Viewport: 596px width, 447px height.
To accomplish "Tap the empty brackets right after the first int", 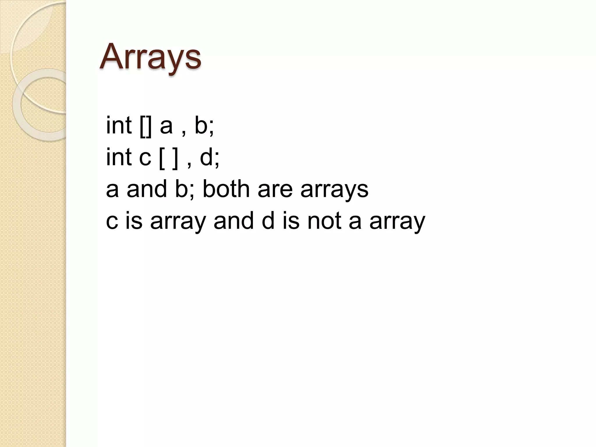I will pos(146,126).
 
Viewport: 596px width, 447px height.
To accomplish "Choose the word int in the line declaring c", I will pos(119,157).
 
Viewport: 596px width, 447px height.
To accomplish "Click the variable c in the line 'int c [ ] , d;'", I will pos(145,158).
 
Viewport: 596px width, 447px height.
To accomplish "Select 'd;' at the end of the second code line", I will pos(210,157).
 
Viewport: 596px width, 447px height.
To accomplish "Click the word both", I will pos(226,189).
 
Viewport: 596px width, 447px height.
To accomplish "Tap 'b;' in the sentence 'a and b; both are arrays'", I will pos(185,189).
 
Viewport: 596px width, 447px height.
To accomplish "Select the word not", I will pos(324,221).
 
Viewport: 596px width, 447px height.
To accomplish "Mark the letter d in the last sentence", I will pos(268,221).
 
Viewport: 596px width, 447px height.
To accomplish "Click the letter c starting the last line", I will pos(112,222).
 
